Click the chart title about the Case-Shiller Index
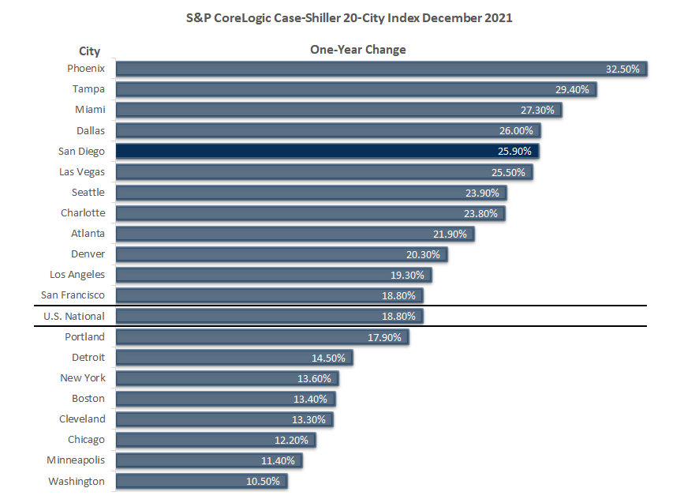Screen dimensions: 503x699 349,17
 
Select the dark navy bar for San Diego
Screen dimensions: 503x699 327,151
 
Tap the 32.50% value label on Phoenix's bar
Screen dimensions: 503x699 622,69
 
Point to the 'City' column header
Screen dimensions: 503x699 90,51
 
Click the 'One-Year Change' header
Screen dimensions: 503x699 357,50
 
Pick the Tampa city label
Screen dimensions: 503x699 88,89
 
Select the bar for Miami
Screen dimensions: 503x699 339,110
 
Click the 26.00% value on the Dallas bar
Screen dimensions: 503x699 516,130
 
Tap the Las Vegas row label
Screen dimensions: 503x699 82,171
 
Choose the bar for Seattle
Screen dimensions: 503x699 312,192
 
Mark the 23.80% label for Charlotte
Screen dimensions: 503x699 482,212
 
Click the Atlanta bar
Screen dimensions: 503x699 296,234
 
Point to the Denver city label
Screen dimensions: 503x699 88,253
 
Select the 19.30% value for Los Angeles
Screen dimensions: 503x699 408,275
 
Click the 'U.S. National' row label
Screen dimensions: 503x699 74,316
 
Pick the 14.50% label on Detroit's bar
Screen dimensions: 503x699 329,358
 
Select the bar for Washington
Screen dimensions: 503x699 201,481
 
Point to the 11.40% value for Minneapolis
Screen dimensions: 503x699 278,460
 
